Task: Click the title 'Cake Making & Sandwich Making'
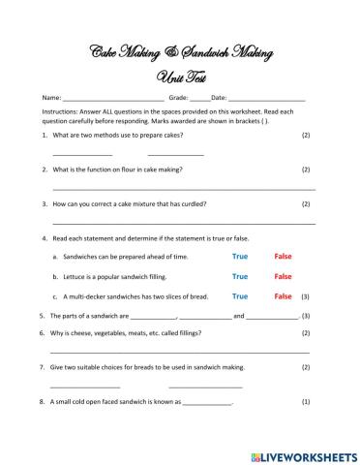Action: tap(179, 51)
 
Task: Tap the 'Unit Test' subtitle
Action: tap(179, 77)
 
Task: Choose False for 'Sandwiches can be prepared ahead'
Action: tap(283, 257)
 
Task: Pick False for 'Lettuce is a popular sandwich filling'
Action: tap(283, 276)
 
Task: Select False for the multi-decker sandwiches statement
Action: tap(283, 295)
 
